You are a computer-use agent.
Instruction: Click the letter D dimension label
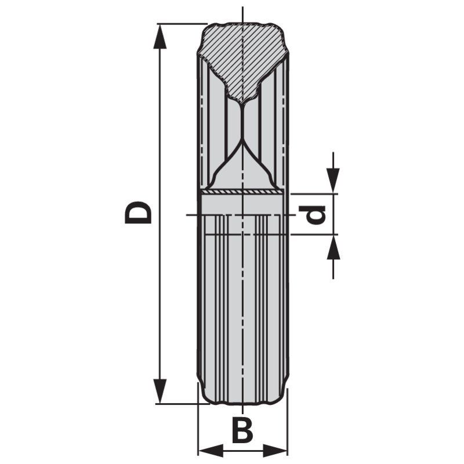click(138, 212)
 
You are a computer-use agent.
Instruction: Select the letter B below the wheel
click(242, 430)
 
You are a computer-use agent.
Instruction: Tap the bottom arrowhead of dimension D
click(160, 391)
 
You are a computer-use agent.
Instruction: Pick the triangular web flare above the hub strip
click(242, 171)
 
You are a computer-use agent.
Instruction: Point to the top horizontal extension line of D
click(180, 24)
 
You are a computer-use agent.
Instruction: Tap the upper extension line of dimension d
click(313, 194)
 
